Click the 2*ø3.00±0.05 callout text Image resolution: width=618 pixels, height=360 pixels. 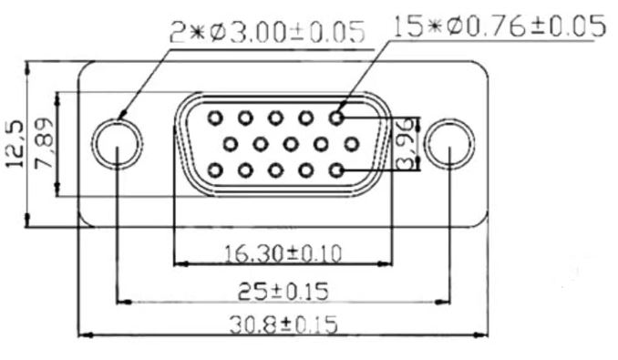[267, 32]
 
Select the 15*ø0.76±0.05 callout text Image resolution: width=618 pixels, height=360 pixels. [500, 26]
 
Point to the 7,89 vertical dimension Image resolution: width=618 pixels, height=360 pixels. [44, 142]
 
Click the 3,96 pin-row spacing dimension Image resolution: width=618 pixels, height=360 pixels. [406, 144]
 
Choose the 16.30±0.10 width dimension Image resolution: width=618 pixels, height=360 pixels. [283, 253]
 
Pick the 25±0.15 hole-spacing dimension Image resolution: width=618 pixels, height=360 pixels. [283, 292]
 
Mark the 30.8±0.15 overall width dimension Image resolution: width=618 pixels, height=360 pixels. [283, 325]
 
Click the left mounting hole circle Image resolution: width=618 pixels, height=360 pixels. [117, 119]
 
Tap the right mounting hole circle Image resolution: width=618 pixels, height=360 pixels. [449, 119]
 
